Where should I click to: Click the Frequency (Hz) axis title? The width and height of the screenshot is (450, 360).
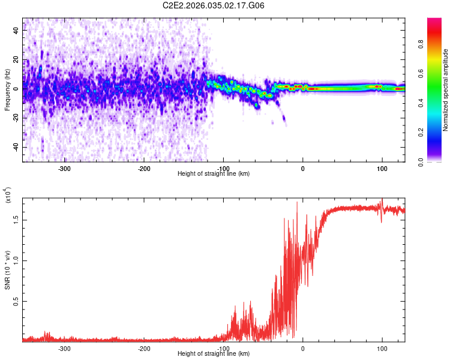pos(7,90)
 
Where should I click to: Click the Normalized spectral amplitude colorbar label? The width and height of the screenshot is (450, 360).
pos(446,90)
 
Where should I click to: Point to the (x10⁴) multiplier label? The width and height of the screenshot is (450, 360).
pos(8,196)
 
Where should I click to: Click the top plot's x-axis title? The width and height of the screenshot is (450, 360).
pos(214,173)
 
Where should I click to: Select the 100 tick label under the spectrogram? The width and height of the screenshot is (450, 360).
pos(382,168)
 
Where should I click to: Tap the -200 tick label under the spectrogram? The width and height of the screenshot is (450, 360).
pos(143,168)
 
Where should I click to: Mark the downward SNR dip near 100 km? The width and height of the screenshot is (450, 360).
pos(381,221)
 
